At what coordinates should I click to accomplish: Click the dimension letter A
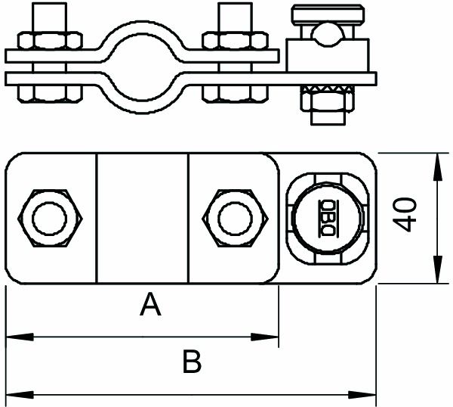(x=150, y=304)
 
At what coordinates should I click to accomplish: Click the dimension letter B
(x=192, y=362)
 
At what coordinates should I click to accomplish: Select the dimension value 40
(x=405, y=215)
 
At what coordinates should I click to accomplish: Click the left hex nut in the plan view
(x=50, y=218)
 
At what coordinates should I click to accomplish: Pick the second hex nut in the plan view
(x=235, y=218)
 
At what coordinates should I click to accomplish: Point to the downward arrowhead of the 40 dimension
(x=438, y=269)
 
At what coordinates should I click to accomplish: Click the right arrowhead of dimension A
(x=264, y=337)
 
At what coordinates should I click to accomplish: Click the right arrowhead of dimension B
(x=362, y=395)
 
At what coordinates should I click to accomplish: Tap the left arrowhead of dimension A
(x=20, y=337)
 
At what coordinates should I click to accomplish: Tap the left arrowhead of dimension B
(x=20, y=395)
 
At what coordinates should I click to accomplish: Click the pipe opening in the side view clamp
(x=142, y=67)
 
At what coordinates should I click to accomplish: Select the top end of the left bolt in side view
(x=50, y=4)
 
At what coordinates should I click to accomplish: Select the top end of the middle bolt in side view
(x=235, y=4)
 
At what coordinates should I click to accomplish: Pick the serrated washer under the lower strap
(x=328, y=89)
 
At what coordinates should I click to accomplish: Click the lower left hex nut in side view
(x=50, y=94)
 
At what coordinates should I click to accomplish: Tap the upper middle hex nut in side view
(x=235, y=41)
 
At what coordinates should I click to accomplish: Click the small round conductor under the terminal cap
(x=328, y=36)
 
